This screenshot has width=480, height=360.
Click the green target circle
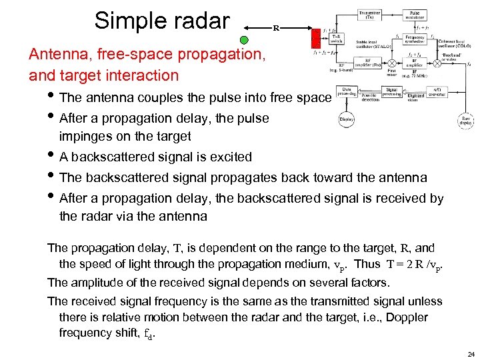(x=244, y=40)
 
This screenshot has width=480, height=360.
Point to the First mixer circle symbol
(x=392, y=63)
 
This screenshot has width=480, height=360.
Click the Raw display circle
(x=467, y=121)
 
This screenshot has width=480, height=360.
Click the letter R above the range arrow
(x=276, y=29)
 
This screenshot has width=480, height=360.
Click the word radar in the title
(x=201, y=21)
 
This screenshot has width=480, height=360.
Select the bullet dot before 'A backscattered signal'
(x=52, y=158)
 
